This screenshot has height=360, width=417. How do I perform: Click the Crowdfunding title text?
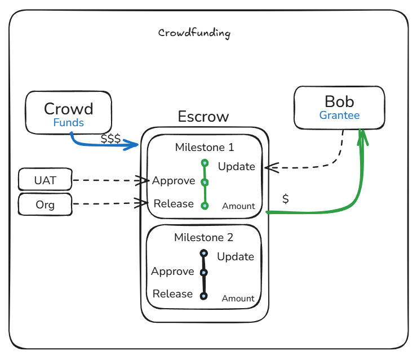click(194, 33)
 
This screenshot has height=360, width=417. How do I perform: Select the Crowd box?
click(68, 113)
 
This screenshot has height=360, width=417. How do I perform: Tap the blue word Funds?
click(68, 123)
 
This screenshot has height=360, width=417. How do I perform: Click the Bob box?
click(339, 107)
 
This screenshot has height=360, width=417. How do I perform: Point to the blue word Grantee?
click(339, 115)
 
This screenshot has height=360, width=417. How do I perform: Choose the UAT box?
click(45, 181)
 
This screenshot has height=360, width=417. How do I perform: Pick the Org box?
click(45, 205)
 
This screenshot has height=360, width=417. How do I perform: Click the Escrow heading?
click(203, 117)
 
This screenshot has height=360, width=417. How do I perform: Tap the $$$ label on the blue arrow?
click(110, 139)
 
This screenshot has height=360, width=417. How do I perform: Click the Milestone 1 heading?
click(205, 148)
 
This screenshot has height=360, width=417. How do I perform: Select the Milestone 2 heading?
click(203, 238)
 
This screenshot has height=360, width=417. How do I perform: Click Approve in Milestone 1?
click(174, 181)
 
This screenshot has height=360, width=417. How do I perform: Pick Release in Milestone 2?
click(172, 294)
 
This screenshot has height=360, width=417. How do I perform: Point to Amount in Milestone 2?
click(238, 299)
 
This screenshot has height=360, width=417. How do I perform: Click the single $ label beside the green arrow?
click(286, 198)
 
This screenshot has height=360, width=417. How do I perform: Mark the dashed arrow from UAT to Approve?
click(107, 181)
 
